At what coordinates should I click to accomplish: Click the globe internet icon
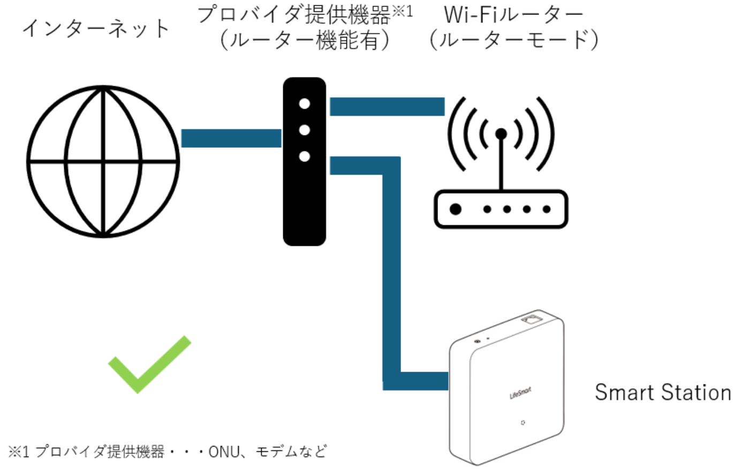(x=102, y=161)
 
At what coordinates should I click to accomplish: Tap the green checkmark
(x=148, y=365)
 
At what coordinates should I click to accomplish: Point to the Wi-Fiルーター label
(x=513, y=15)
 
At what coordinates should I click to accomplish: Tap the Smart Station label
(x=663, y=392)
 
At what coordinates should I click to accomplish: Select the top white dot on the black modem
(x=305, y=104)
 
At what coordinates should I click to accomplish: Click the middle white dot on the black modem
(x=305, y=130)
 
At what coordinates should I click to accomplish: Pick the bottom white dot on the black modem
(x=305, y=156)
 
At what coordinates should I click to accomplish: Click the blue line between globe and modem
(x=231, y=138)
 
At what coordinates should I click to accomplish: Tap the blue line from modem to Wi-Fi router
(x=387, y=106)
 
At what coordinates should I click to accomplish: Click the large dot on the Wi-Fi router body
(x=456, y=209)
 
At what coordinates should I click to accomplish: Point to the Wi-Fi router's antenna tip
(x=501, y=134)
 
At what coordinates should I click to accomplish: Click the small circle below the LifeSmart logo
(x=521, y=423)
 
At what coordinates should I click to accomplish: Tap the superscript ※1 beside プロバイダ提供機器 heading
(x=403, y=12)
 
